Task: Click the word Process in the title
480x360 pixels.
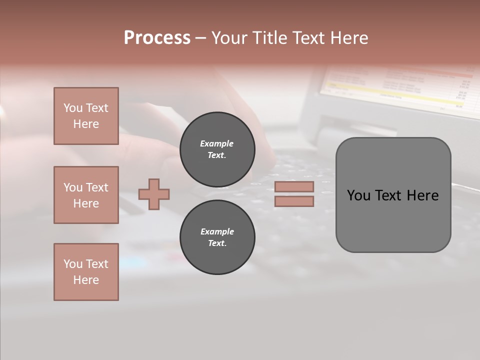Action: [x=157, y=38]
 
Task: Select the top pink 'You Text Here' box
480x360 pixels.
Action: [x=86, y=116]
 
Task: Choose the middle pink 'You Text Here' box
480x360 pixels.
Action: [x=86, y=195]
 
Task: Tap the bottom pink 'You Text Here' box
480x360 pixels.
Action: [x=86, y=272]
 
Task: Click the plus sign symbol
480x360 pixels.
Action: [x=154, y=194]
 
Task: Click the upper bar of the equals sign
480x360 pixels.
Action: [x=294, y=186]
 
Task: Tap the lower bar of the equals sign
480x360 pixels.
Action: [x=294, y=201]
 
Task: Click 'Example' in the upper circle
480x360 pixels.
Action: [x=217, y=143]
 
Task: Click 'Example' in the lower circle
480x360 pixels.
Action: [x=217, y=231]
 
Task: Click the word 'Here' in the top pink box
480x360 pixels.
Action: [x=86, y=124]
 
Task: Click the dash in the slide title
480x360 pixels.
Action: [x=200, y=38]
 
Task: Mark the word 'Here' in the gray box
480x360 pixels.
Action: [x=423, y=195]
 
